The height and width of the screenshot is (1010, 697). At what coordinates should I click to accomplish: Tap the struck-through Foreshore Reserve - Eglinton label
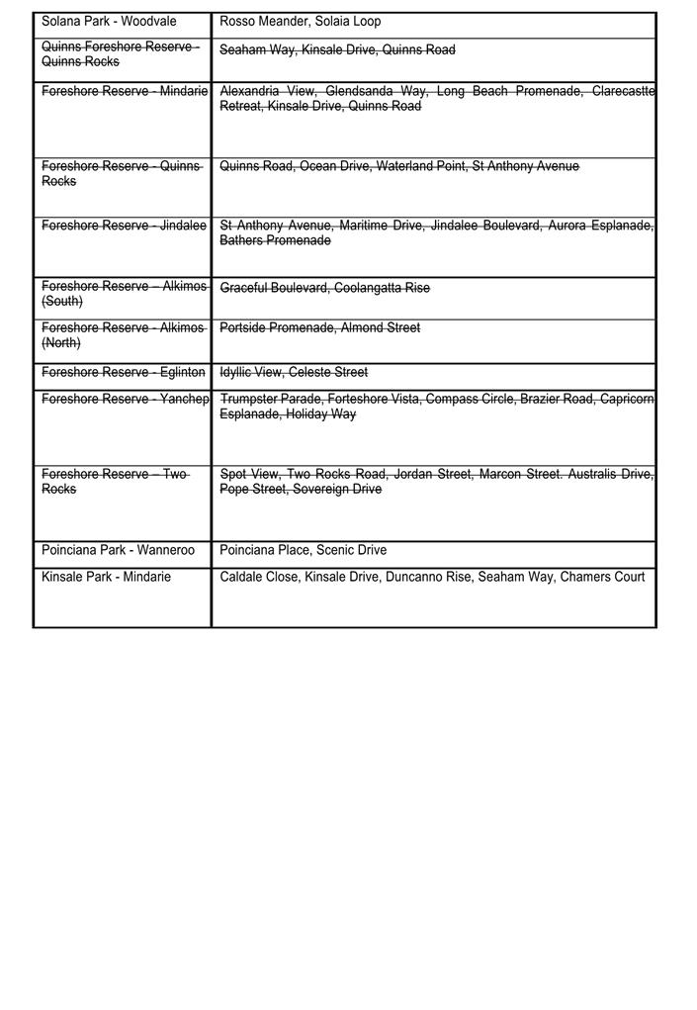point(123,372)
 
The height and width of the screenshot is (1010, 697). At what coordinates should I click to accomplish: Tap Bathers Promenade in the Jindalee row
point(275,240)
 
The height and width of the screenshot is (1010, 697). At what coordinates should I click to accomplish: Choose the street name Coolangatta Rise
point(382,288)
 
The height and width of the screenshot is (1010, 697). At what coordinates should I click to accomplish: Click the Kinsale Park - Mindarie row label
point(106,577)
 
